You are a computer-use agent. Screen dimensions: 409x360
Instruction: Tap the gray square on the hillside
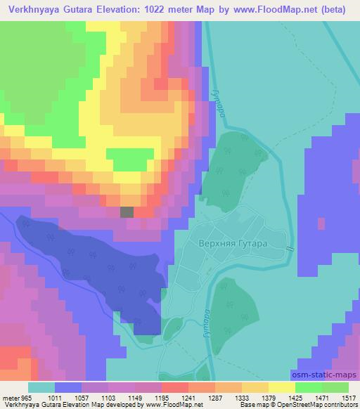coord(127,212)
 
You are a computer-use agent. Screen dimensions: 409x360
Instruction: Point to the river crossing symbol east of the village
coord(290,248)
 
